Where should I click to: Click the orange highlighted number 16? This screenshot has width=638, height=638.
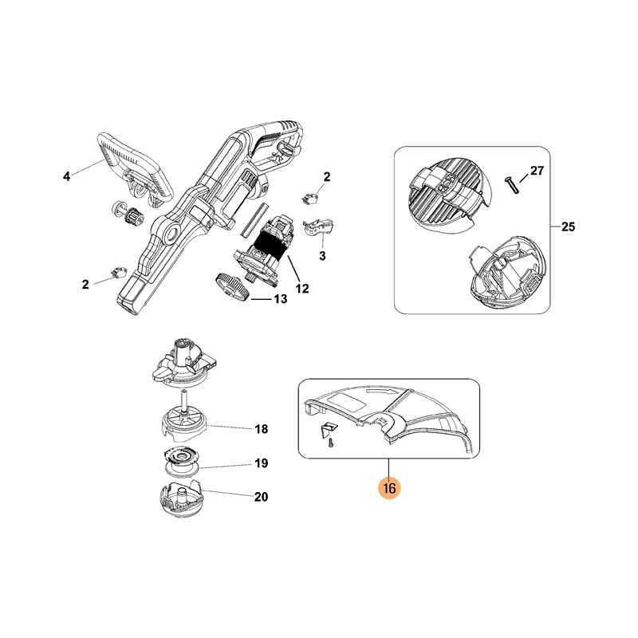pyautogui.click(x=389, y=487)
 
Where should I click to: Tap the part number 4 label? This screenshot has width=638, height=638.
pyautogui.click(x=67, y=176)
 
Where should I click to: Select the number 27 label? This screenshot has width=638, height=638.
pyautogui.click(x=537, y=171)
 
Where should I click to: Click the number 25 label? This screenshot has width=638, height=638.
pyautogui.click(x=568, y=226)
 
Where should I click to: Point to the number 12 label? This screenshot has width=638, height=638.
pyautogui.click(x=302, y=289)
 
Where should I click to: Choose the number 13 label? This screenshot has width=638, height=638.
pyautogui.click(x=281, y=299)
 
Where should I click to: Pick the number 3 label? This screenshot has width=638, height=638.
pyautogui.click(x=322, y=256)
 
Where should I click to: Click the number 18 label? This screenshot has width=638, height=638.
pyautogui.click(x=262, y=429)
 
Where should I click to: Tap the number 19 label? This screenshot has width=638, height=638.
pyautogui.click(x=262, y=463)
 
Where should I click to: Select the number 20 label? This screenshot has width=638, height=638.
pyautogui.click(x=262, y=497)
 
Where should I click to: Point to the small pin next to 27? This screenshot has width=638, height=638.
pyautogui.click(x=511, y=186)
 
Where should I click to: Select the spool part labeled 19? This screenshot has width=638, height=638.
pyautogui.click(x=182, y=461)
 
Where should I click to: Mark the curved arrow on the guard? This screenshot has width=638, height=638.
pyautogui.click(x=381, y=392)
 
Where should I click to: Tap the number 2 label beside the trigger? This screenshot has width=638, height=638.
pyautogui.click(x=327, y=177)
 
